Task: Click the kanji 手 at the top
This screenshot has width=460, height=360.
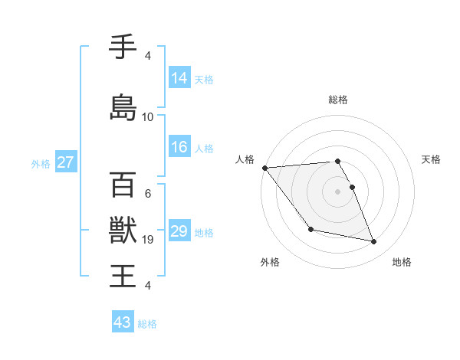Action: point(123,47)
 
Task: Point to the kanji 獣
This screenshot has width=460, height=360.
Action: point(123,230)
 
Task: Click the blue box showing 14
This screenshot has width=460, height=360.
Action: point(179,78)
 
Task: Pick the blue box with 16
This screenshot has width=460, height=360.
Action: point(179,147)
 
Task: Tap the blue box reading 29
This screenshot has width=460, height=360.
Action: point(179,231)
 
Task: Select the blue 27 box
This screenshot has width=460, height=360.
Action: point(65,162)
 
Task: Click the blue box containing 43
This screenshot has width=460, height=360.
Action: point(123,322)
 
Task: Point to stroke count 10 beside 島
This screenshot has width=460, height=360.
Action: point(148,116)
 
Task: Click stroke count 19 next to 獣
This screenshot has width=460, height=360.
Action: point(148,240)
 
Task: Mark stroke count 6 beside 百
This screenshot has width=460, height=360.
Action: point(148,194)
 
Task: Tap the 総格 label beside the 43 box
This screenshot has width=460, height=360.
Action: point(148,324)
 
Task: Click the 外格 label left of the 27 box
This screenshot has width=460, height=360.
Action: point(41,163)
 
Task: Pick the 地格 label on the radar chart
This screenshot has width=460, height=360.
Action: point(402,262)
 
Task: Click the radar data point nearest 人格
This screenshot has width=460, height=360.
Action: point(264,168)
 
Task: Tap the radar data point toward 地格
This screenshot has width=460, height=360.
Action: point(374,242)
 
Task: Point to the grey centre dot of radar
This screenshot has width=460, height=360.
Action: point(337,191)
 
